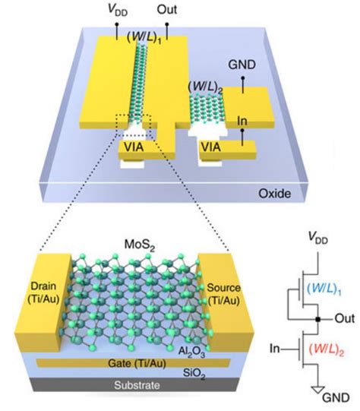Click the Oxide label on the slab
click(x=275, y=194)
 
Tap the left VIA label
click(x=134, y=147)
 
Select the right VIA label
click(x=211, y=147)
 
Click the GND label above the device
click(x=242, y=65)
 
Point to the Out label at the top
click(x=167, y=10)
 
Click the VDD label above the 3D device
click(x=118, y=11)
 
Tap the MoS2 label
click(x=140, y=245)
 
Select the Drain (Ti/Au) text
click(x=43, y=292)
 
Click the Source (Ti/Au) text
click(x=224, y=294)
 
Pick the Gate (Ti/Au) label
click(x=137, y=363)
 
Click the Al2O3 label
click(x=191, y=352)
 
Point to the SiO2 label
click(x=194, y=374)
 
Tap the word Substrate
click(x=137, y=385)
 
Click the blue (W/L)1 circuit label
click(x=324, y=289)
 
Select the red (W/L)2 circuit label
click(x=326, y=349)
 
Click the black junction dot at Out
click(x=317, y=319)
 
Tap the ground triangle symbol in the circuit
click(x=318, y=390)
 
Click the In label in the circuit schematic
click(x=275, y=349)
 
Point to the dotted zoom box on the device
click(x=134, y=125)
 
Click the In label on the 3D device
click(x=242, y=121)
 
